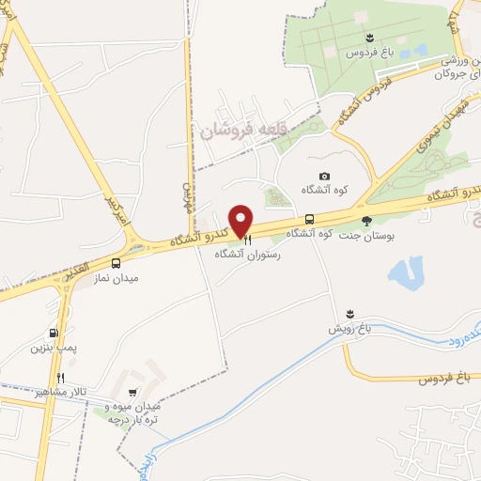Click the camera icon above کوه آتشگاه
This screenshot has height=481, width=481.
pyautogui.click(x=324, y=176)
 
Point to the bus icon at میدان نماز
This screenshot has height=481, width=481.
pyautogui.click(x=116, y=264)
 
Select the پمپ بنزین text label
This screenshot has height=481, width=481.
pyautogui.click(x=52, y=349)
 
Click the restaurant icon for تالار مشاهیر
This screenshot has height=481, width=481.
pyautogui.click(x=60, y=377)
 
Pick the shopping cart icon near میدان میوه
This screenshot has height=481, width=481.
pyautogui.click(x=132, y=393)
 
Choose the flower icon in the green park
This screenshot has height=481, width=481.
pyautogui.click(x=371, y=38)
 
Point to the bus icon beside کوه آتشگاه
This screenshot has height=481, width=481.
pyautogui.click(x=309, y=218)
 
